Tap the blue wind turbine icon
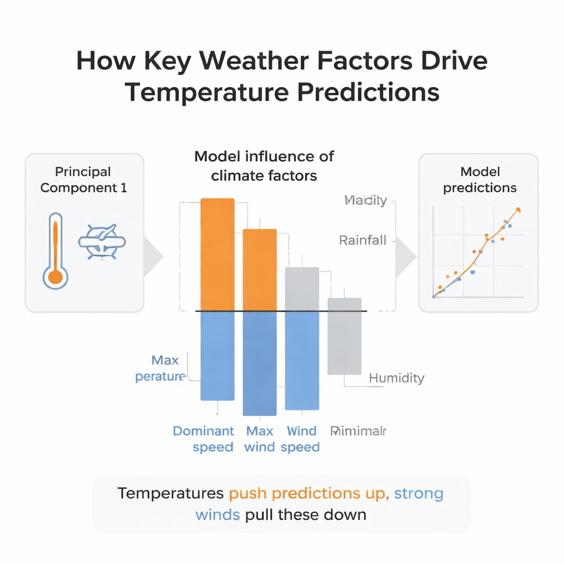click(x=102, y=241)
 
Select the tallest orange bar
click(x=218, y=254)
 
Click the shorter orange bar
click(x=259, y=270)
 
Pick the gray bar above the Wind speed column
click(x=302, y=289)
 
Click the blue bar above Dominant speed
click(x=218, y=356)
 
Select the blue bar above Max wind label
click(x=259, y=364)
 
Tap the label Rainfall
click(x=362, y=240)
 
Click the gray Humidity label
click(x=397, y=378)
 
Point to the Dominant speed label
click(x=204, y=439)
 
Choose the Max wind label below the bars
click(x=259, y=439)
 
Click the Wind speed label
click(x=301, y=439)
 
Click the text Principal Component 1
click(x=84, y=180)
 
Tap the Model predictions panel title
click(x=480, y=180)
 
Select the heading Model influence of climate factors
click(x=264, y=166)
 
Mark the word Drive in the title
click(x=451, y=61)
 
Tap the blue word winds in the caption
click(x=217, y=514)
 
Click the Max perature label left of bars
click(x=161, y=368)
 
